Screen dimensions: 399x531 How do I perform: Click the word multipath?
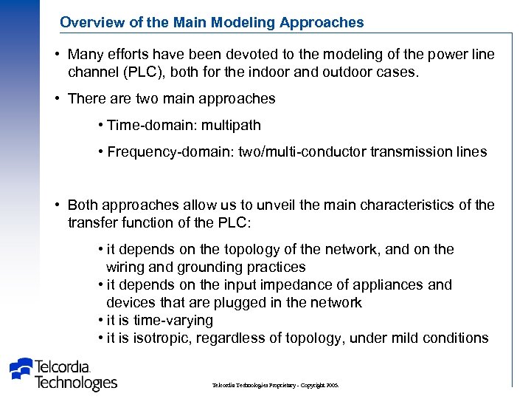pos(226,126)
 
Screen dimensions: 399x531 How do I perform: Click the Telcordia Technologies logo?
pos(63,373)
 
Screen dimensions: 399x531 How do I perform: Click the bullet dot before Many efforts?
pos(57,55)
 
